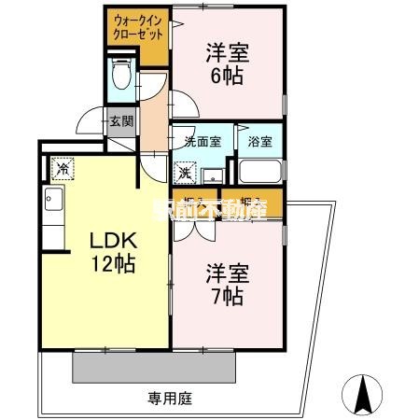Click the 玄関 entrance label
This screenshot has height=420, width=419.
pos(120,119)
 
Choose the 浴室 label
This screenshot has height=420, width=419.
pos(259,143)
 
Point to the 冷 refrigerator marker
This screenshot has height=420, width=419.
pos(62,169)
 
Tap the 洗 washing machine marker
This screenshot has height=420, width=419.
pos(185,173)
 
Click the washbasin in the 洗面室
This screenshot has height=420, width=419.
pos(211,175)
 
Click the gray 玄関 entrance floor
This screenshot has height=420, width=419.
pos(120,132)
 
